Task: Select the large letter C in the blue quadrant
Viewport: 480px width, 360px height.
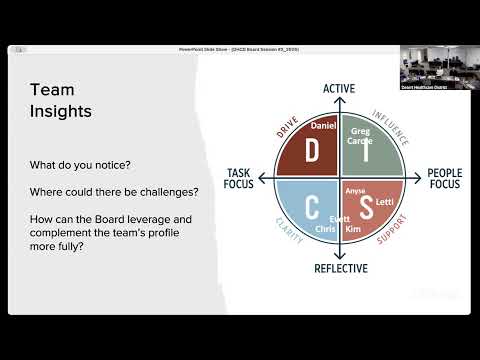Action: [x=311, y=208]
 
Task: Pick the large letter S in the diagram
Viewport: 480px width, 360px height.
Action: [x=367, y=208]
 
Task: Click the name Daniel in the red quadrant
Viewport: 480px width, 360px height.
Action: [x=323, y=127]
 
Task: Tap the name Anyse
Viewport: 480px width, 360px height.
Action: [x=356, y=190]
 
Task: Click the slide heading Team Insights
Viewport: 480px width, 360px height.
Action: [x=61, y=101]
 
